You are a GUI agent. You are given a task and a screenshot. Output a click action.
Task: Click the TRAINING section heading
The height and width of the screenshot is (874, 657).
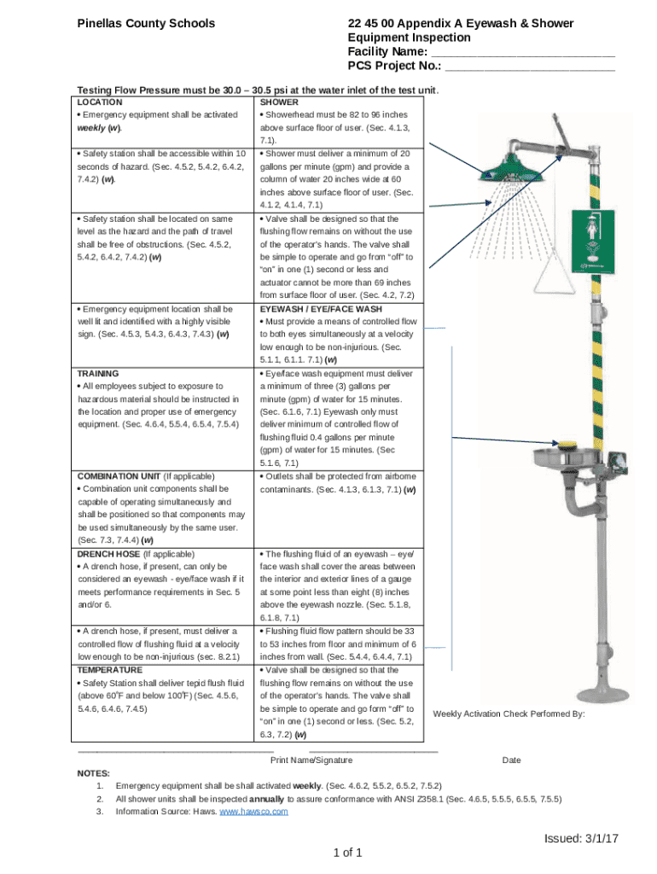point(98,374)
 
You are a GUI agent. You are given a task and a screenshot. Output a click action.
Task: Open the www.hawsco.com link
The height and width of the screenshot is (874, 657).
point(254,811)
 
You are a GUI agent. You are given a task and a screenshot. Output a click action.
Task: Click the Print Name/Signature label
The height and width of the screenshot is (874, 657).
point(311,760)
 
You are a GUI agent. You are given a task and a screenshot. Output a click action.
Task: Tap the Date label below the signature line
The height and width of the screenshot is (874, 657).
point(511,760)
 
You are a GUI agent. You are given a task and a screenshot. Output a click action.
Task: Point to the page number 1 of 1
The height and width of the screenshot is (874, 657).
point(349,853)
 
